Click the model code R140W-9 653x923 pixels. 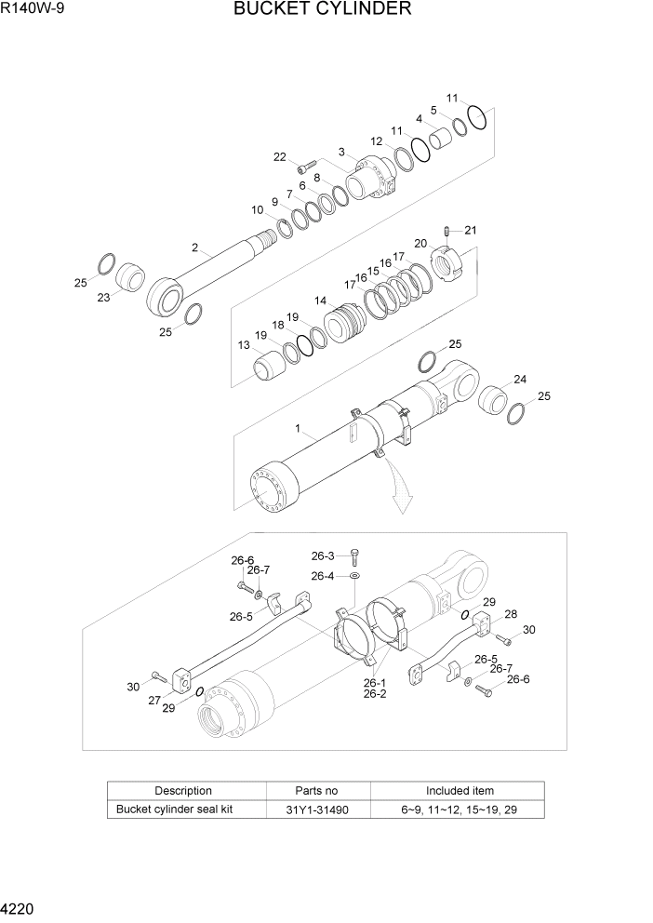point(33,10)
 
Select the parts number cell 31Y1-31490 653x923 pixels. point(318,809)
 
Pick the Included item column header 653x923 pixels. point(460,791)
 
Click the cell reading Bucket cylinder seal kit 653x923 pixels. point(174,809)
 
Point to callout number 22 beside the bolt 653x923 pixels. point(279,156)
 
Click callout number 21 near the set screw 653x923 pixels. point(471,230)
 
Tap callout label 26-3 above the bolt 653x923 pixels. point(323,556)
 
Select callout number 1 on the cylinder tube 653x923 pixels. point(298,429)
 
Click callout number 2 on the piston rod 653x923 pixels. point(194,247)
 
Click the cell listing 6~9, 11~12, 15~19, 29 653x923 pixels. point(460,809)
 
